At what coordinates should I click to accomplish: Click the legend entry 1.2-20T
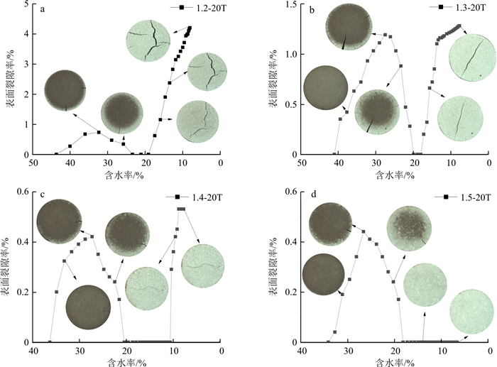coord(207,8)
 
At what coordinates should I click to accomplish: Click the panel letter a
coord(43,9)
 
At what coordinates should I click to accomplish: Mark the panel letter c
coord(43,197)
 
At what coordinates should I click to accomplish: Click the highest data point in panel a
coord(190,28)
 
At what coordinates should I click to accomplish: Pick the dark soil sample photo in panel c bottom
coord(89,308)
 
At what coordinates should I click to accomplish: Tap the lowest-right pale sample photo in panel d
coord(471,312)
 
